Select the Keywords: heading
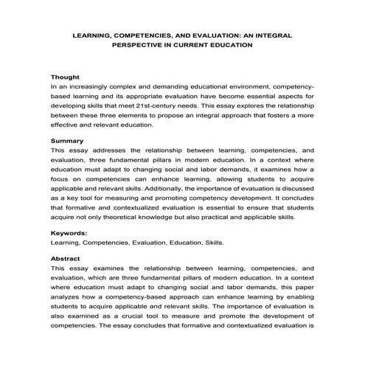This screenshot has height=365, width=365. pyautogui.click(x=69, y=232)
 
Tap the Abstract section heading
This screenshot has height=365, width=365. pyautogui.click(x=67, y=258)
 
